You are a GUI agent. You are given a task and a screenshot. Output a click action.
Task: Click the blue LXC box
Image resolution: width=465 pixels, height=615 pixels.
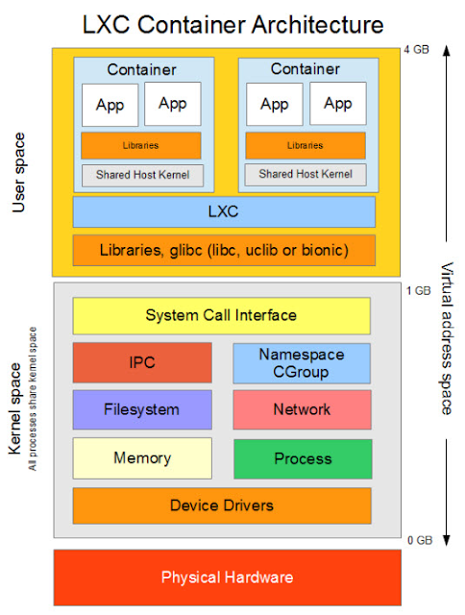[x=224, y=211]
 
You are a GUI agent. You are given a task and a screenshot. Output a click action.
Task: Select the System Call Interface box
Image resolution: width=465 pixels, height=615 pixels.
[x=222, y=316]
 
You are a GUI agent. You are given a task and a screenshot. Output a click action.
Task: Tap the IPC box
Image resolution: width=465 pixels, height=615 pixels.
[x=142, y=362]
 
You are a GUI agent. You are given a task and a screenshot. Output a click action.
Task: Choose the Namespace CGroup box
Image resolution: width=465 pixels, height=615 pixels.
[x=302, y=363]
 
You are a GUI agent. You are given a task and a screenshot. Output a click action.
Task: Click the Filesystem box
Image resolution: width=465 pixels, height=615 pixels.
[x=142, y=409]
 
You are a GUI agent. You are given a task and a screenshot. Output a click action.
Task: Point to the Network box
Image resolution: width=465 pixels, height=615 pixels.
[x=302, y=409]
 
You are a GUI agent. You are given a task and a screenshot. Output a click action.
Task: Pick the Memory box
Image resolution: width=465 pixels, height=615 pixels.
[x=142, y=458]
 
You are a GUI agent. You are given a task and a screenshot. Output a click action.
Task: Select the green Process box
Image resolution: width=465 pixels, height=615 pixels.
[x=303, y=459]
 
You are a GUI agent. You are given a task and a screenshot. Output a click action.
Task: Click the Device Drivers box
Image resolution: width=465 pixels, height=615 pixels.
[x=222, y=505]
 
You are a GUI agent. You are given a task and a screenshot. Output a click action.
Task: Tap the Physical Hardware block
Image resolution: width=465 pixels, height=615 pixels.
[x=228, y=578]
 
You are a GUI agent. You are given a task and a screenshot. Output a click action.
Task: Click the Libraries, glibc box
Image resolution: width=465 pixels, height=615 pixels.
[x=224, y=250]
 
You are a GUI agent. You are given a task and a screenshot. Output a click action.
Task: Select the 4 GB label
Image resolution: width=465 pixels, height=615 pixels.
[x=416, y=50]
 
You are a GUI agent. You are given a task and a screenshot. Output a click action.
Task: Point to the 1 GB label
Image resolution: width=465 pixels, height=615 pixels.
[x=418, y=290]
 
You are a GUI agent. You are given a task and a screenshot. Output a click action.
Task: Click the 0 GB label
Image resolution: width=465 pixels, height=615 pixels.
[x=420, y=540]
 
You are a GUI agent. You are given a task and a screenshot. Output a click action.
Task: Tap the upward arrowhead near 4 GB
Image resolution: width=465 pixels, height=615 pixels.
[x=446, y=51]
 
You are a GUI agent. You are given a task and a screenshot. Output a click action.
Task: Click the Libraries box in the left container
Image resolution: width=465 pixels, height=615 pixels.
[x=141, y=145]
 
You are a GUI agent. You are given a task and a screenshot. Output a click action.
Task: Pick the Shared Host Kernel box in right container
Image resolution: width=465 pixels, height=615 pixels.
[x=306, y=174]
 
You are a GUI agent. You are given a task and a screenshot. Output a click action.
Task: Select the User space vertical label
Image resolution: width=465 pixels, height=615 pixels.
[x=18, y=173]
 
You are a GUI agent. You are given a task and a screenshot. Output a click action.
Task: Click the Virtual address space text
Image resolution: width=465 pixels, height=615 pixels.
[x=446, y=338]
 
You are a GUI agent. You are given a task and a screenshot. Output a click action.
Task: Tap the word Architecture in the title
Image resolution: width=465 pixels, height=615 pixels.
[x=318, y=25]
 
